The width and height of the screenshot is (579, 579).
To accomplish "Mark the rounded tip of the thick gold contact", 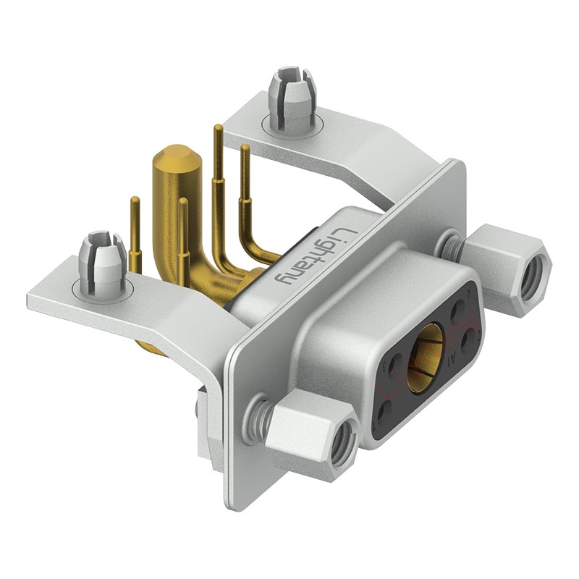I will point(172,156).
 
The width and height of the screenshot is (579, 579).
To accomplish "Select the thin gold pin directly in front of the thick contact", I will point(183,239).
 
